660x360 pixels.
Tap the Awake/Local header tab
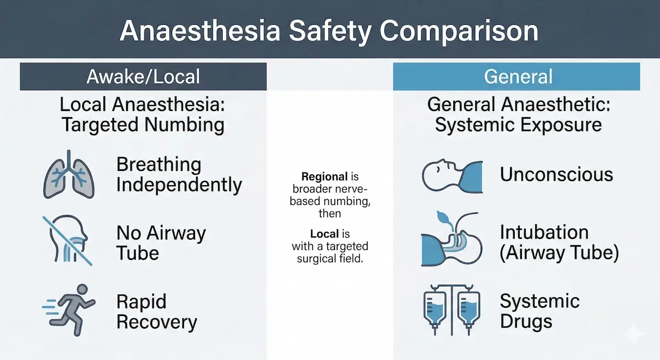143,76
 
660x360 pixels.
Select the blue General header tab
516,76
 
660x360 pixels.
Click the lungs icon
69,174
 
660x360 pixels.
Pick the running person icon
69,309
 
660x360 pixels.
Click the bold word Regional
324,178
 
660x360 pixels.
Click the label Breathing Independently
179,174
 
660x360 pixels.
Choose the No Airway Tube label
161,243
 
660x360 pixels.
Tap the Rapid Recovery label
156,312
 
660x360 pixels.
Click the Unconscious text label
556,174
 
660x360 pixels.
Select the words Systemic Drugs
540,311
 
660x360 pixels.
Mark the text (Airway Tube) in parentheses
559,253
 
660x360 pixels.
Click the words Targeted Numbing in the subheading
143,125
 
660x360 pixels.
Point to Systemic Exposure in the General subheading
518,125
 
